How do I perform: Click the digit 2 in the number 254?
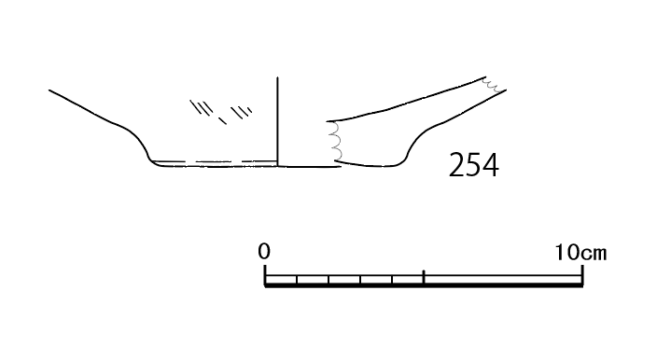coord(456,165)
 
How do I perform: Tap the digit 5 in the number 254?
coord(473,165)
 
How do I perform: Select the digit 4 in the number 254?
coord(491,165)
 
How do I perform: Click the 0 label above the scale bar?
coord(264,251)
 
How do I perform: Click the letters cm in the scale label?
coord(594,254)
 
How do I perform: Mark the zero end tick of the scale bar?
coord(265,275)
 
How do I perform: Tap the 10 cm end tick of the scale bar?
coord(582,275)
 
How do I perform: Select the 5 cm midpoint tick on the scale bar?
coord(424,277)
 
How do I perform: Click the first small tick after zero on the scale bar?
coord(297,280)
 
